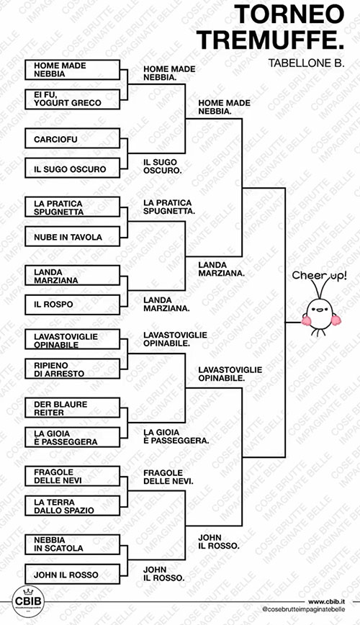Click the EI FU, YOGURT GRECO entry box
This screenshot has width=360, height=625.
pos(72,99)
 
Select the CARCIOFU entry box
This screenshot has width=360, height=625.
pos(72,138)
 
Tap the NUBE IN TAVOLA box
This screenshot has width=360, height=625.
pos(72,236)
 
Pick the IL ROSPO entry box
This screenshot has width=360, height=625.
pos(72,305)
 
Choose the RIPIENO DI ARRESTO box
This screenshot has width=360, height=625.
pos(72,369)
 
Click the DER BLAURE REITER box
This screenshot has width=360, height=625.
pos(72,408)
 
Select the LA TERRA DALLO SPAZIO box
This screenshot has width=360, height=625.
pos(72,505)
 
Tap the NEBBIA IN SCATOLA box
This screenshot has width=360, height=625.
pos(72,544)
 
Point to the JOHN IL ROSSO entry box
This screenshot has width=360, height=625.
pos(72,575)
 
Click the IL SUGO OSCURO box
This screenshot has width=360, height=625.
pos(72,168)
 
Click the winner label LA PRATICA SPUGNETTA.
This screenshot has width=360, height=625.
pos(169,207)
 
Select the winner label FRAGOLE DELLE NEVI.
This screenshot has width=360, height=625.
pos(168,477)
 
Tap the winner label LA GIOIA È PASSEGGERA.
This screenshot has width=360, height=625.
pos(176,436)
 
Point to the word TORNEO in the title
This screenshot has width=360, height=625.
pos(289,14)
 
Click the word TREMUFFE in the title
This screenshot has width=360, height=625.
pos(270,40)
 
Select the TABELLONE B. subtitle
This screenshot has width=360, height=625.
pos(306,63)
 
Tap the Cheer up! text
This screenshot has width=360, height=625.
pos(320,276)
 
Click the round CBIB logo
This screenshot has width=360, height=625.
pos(28,601)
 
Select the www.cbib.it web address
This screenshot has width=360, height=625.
pos(326,601)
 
